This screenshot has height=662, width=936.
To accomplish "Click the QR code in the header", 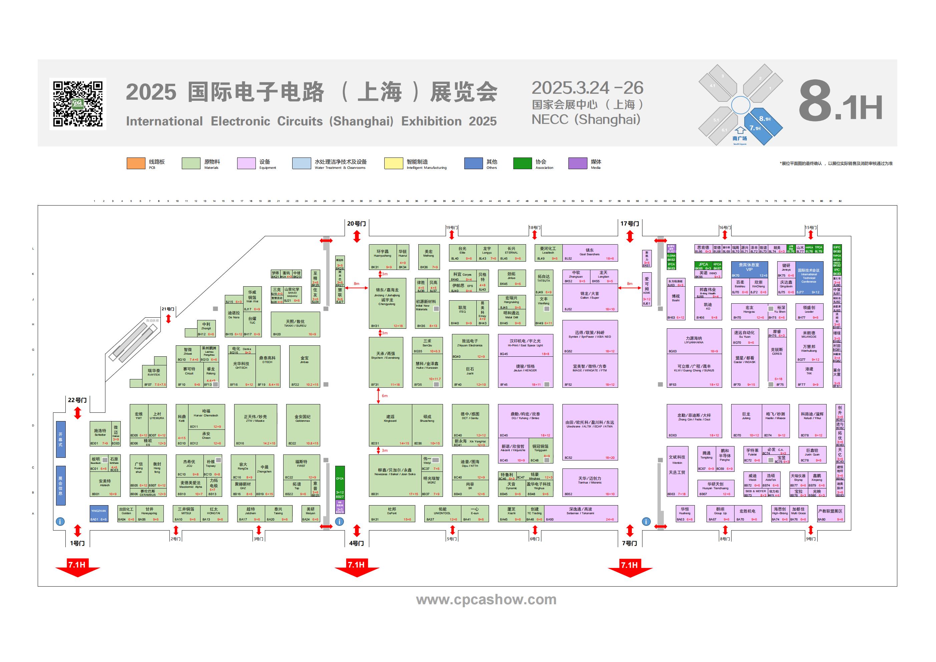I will tap(77, 104).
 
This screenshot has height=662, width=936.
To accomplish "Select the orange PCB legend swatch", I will tap(136, 163).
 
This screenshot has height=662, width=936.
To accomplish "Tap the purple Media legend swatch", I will tap(578, 163).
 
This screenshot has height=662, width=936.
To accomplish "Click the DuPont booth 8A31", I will tap(392, 514).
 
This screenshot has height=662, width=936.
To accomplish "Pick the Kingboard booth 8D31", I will tap(390, 425).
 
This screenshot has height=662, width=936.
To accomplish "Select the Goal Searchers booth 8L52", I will tap(590, 253).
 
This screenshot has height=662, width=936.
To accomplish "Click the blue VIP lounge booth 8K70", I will tap(749, 269).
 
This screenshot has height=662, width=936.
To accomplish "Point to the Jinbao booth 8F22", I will tap(304, 366).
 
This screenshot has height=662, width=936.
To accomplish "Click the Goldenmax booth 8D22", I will tap(303, 425).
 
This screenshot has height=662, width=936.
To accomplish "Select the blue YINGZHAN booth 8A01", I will tap(99, 514).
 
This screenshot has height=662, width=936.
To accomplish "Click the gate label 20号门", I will tap(356, 224).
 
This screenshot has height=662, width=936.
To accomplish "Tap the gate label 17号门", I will tap(629, 224).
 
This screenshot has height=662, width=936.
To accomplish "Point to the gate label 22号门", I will tap(77, 400).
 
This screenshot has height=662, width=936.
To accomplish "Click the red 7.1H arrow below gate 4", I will tap(356, 568).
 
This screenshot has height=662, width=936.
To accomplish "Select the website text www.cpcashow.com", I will tap(486, 600).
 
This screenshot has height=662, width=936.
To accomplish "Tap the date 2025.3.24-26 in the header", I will tap(587, 88).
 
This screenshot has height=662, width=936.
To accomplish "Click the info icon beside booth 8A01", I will tap(60, 522).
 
